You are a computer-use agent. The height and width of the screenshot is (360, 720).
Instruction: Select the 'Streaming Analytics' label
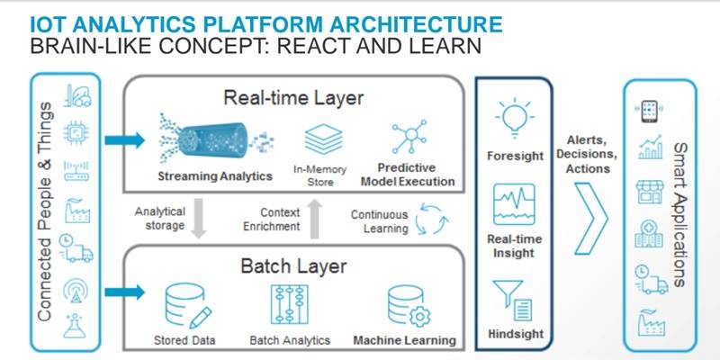(214, 175)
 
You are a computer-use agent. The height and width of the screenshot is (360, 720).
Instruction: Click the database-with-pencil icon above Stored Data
(188, 306)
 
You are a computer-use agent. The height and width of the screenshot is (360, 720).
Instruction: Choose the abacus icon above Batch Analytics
(290, 307)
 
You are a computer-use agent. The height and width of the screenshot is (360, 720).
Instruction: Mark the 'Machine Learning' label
(404, 340)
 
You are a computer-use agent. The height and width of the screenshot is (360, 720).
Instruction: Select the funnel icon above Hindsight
(515, 298)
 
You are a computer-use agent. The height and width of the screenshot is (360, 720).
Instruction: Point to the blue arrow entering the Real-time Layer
(121, 140)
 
